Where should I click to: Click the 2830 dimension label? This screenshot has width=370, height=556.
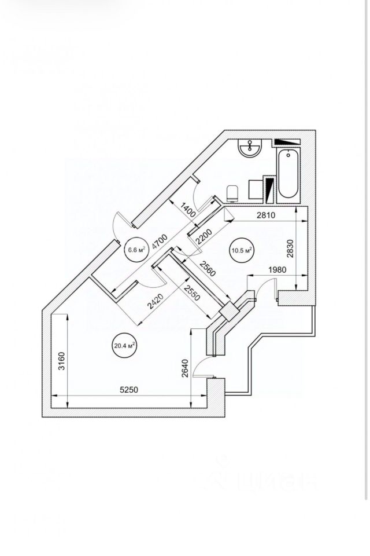(x=290, y=250)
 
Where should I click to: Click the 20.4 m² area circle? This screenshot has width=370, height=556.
(x=124, y=347)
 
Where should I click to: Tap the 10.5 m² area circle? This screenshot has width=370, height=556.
(x=242, y=250)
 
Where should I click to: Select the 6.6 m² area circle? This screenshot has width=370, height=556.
(x=135, y=250)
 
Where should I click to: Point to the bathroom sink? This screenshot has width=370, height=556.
(x=251, y=148)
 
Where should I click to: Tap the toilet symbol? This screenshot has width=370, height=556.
(x=233, y=192)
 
